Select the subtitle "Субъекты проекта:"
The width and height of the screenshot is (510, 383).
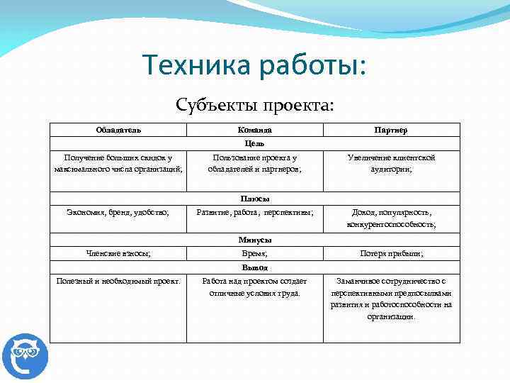click(x=254, y=105)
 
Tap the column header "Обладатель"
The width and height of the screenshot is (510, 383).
click(x=118, y=131)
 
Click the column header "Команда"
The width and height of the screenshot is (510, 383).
click(x=254, y=131)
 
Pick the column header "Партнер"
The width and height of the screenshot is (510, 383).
click(x=391, y=131)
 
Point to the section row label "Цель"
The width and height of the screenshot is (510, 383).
click(x=254, y=143)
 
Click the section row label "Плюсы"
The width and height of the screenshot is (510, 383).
click(x=254, y=199)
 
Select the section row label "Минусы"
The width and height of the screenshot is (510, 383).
click(x=254, y=240)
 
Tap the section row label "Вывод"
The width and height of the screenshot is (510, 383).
click(x=254, y=268)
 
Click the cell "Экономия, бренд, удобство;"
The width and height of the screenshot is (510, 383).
click(x=118, y=212)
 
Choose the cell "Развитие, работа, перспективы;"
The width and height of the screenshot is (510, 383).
click(x=254, y=212)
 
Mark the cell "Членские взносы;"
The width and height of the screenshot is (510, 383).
click(x=118, y=253)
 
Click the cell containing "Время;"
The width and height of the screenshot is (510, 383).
click(x=254, y=253)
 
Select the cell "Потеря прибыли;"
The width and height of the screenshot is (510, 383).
click(x=391, y=253)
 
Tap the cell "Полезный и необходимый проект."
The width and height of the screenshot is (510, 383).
click(x=118, y=281)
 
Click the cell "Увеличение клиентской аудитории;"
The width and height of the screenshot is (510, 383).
click(x=391, y=163)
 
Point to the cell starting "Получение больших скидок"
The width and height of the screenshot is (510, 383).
click(x=118, y=163)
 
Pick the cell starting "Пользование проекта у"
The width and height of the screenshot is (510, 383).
click(x=254, y=163)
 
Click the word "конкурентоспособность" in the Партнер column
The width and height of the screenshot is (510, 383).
click(x=390, y=225)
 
